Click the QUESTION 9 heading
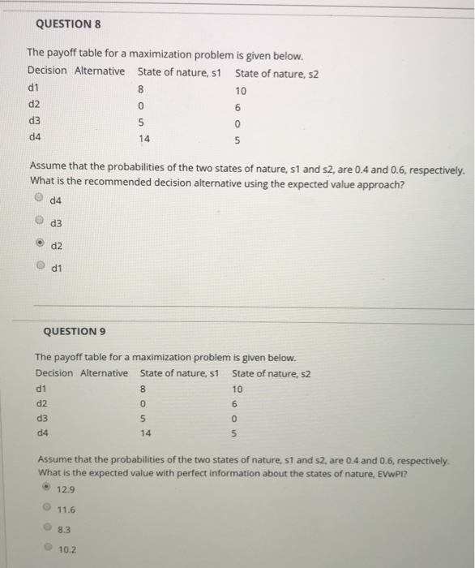(73, 331)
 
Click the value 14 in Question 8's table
(145, 139)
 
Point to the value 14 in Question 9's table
(145, 433)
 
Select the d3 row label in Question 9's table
(43, 419)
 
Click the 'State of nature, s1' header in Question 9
(179, 373)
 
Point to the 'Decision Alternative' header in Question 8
(76, 71)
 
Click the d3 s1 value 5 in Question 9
(143, 419)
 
